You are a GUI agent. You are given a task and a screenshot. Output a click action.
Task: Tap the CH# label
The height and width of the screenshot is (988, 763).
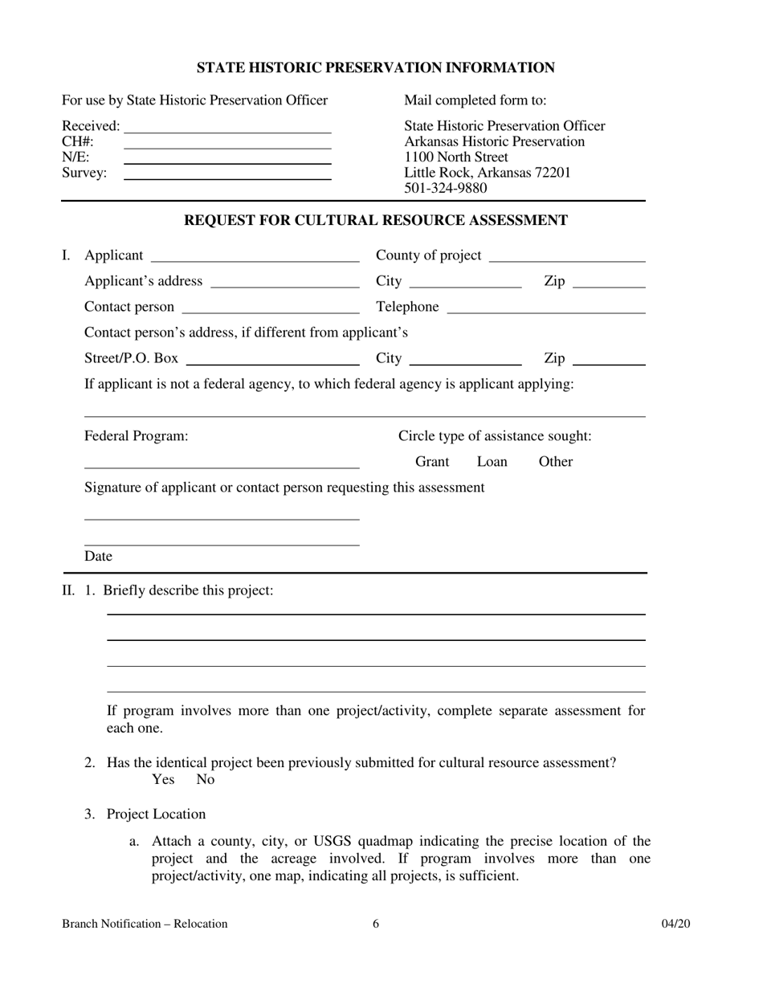tap(78, 141)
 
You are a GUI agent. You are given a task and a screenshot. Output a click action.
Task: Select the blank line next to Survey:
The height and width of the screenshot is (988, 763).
tap(228, 174)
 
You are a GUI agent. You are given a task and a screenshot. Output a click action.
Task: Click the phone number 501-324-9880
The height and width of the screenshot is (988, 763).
tap(445, 188)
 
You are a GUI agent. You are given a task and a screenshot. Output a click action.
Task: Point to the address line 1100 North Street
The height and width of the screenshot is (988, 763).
tap(456, 157)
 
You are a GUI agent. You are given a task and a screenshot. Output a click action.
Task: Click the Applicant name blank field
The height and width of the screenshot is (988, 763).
tap(255, 256)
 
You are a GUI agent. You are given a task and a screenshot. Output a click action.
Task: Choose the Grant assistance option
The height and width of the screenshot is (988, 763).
tap(432, 462)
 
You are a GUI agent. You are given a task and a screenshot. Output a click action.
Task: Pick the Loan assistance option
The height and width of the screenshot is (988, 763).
tap(492, 462)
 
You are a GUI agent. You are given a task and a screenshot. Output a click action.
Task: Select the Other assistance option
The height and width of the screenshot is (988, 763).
tap(556, 462)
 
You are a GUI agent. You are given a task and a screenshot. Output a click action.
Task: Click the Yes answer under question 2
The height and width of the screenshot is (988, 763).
tap(163, 779)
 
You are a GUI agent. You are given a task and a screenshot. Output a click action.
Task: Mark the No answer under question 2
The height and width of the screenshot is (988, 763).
tap(206, 779)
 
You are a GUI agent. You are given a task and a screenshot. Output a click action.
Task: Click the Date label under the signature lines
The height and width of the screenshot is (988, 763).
tap(98, 557)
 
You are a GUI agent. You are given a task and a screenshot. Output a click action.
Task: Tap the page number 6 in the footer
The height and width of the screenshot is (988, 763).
tap(376, 924)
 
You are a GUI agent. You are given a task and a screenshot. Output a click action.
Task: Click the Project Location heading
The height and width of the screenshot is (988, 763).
tap(156, 814)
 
